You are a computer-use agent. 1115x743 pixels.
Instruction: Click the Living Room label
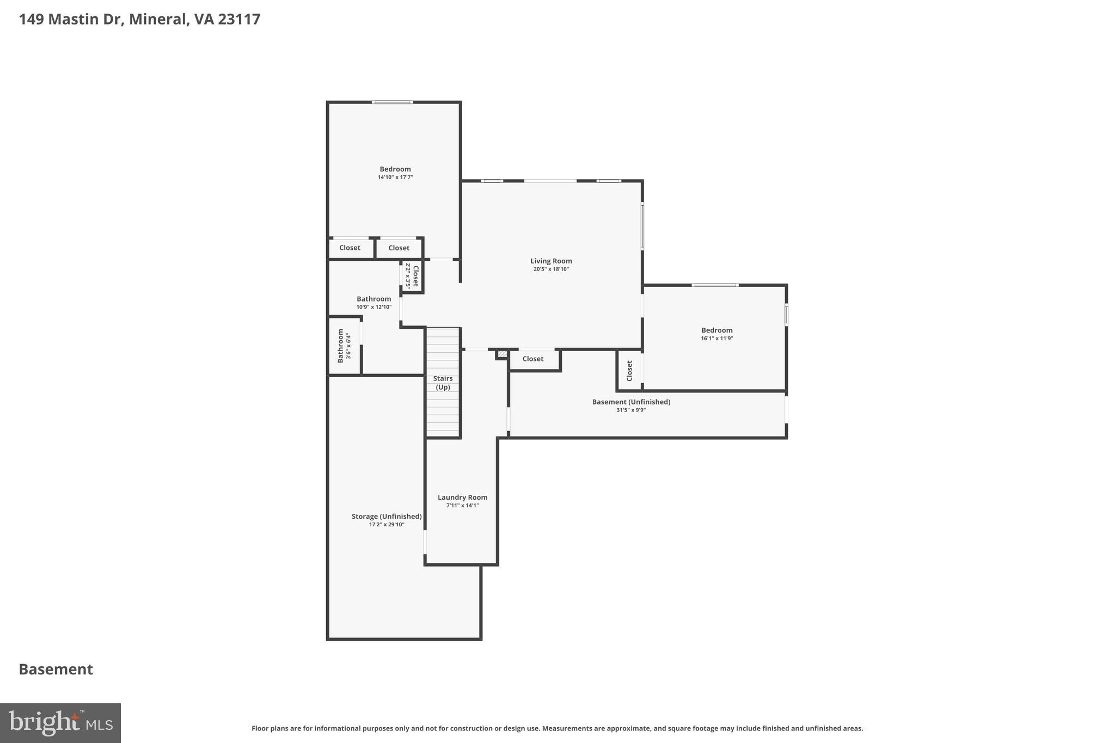click(x=551, y=261)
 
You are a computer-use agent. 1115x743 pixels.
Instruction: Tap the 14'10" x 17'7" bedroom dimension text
click(x=395, y=177)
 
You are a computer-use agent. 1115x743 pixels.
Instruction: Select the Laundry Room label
click(x=462, y=498)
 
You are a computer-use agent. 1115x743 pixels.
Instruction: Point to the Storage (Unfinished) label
click(x=387, y=517)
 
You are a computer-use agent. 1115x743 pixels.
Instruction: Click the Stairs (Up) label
click(x=443, y=383)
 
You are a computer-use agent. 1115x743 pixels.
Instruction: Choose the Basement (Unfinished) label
click(x=631, y=402)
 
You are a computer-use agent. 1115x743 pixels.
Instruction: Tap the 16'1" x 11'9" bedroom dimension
click(x=716, y=339)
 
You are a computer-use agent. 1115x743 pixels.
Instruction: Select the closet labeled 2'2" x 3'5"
click(x=412, y=276)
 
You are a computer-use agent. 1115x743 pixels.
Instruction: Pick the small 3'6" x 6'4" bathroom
click(x=344, y=346)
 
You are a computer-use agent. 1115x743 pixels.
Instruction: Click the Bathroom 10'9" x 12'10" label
click(x=374, y=299)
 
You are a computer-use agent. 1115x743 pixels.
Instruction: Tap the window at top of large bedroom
click(x=392, y=102)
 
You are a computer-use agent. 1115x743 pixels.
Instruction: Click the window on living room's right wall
click(x=642, y=225)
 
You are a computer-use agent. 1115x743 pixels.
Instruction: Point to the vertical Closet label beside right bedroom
click(x=629, y=371)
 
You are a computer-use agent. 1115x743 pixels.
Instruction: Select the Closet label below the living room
click(x=532, y=359)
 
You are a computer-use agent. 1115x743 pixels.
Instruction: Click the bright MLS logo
click(x=60, y=723)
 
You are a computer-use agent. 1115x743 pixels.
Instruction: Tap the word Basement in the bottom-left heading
click(x=56, y=670)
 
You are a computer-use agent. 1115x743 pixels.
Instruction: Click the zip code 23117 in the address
click(x=239, y=20)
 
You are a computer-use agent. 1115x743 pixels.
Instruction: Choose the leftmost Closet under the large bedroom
click(x=350, y=248)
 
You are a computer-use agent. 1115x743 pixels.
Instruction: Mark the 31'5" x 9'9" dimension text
click(x=631, y=410)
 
